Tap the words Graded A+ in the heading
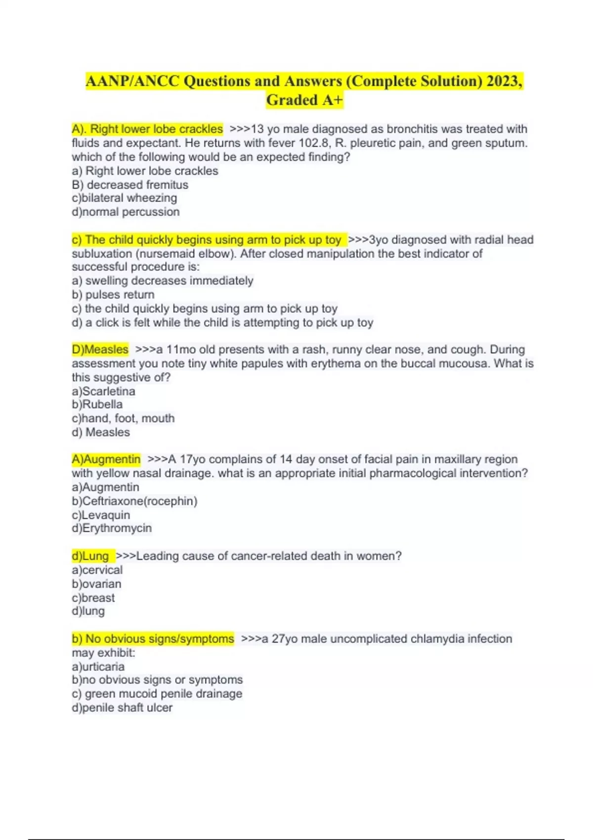click(304, 100)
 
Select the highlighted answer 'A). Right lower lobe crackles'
click(147, 129)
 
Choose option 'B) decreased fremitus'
click(130, 185)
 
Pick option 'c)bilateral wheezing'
click(125, 198)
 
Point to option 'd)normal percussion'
click(126, 212)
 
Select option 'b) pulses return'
click(113, 294)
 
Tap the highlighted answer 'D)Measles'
click(100, 349)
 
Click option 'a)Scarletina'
click(103, 391)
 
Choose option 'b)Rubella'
click(97, 404)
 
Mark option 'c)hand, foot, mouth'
click(123, 418)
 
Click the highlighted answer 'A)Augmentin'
click(106, 459)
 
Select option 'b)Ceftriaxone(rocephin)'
click(134, 501)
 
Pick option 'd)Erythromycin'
click(112, 528)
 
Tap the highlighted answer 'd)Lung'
click(90, 556)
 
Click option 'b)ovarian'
click(96, 584)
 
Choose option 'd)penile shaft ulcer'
click(122, 708)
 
